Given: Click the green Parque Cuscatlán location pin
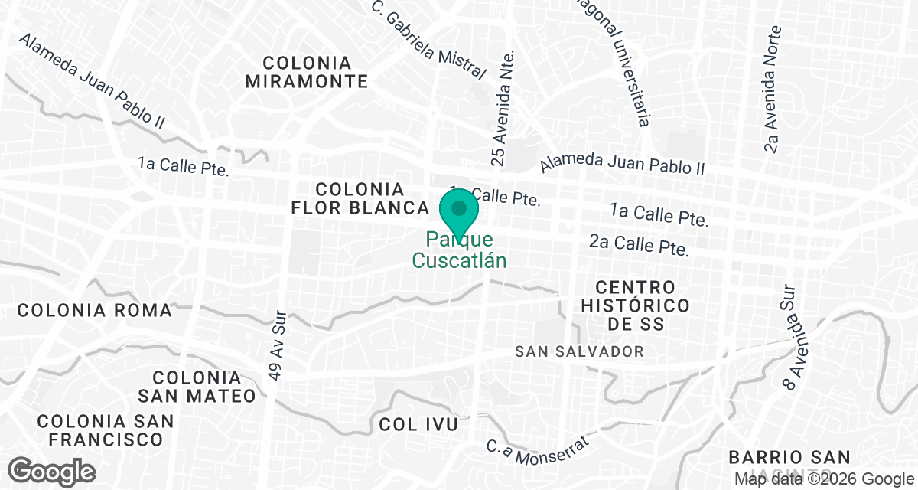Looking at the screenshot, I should coord(459,211).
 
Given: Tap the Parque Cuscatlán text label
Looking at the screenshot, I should coord(459,250).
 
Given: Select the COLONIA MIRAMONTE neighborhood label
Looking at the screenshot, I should coord(307,72).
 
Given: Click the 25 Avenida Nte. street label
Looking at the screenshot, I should coord(502,107).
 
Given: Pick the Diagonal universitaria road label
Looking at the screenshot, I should coord(621,61).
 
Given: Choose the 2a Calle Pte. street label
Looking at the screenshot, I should coord(640,245).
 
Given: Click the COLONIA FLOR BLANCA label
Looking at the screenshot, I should coord(360,198).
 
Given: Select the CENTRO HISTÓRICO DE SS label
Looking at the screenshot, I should coord(636,305).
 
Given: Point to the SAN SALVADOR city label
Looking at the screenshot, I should coord(579,351).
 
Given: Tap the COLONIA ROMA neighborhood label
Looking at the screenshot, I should coord(94,310).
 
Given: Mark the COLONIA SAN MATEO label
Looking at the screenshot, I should coord(197,387).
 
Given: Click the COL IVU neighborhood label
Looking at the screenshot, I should coord(418,424).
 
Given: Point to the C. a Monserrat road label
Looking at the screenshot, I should coord(539,451).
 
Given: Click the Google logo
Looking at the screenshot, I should coord(52,470).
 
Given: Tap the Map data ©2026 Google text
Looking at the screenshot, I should coord(824,479).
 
